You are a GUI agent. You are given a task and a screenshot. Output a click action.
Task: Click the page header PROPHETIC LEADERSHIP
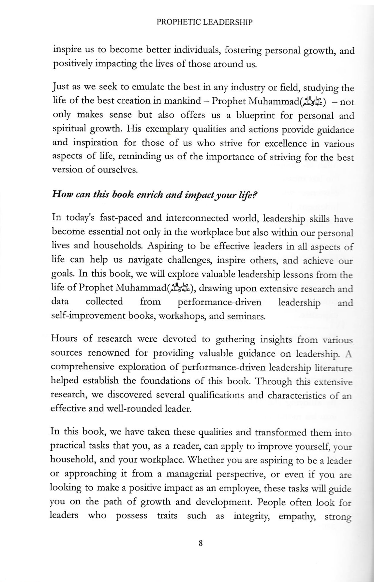(x=204, y=22)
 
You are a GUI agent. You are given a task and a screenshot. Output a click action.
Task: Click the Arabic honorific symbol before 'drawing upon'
(x=180, y=288)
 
